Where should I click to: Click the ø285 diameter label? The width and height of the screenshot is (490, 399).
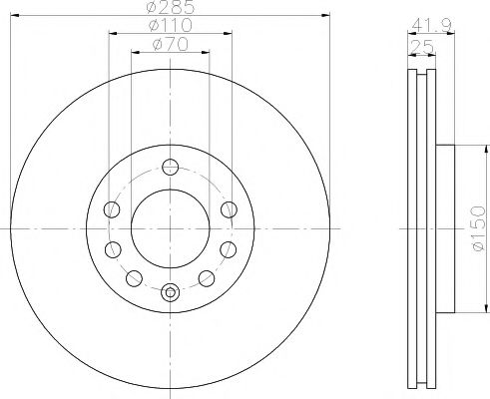(171, 8)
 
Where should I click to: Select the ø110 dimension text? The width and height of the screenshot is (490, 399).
(171, 25)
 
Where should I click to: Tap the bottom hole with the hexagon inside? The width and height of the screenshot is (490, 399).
(171, 292)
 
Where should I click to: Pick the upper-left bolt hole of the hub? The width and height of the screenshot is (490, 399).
(112, 209)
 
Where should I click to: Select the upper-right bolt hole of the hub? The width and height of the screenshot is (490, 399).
(229, 209)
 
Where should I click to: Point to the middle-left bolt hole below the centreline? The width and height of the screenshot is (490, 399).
(112, 248)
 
